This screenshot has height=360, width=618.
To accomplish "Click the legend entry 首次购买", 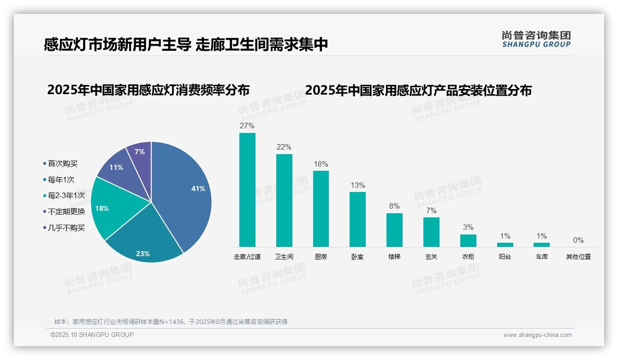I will click(62, 163).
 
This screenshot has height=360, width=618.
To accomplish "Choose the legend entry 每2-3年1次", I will click(66, 195).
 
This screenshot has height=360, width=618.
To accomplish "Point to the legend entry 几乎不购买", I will click(66, 228).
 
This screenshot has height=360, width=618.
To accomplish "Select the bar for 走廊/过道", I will click(247, 190).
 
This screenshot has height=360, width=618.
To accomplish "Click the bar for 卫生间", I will click(284, 200).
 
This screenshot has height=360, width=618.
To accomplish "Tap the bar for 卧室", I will click(357, 219).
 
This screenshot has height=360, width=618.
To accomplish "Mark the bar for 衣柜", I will click(468, 240).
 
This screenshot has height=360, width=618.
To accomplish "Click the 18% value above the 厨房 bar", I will click(321, 164).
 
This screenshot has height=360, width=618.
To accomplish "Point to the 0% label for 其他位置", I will click(578, 240).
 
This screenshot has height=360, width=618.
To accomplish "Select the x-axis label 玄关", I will click(431, 257).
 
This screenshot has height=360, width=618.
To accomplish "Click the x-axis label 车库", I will click(541, 257).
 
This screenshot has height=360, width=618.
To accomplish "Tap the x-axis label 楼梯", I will click(394, 257).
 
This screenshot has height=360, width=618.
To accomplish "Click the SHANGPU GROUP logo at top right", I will click(536, 39).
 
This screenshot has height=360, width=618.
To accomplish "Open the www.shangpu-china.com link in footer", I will click(537, 335).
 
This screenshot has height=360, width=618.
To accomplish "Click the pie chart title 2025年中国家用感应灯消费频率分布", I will click(148, 90).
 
